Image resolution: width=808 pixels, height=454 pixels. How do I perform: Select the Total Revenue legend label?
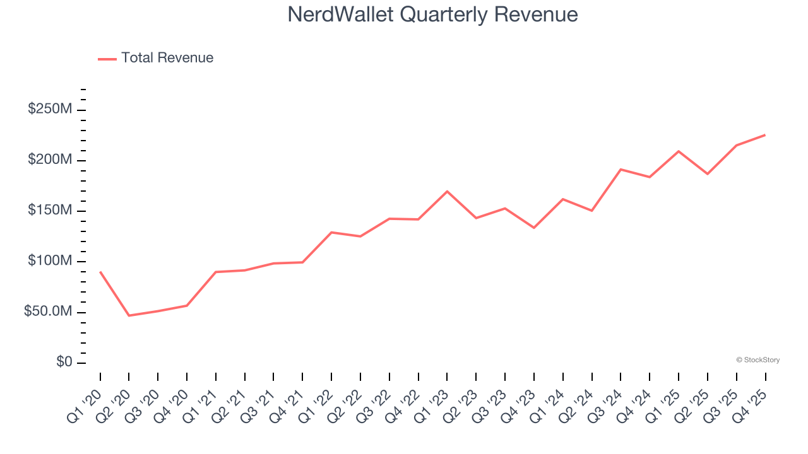[x=167, y=58]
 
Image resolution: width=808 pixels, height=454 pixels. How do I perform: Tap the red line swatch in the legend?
[x=107, y=59]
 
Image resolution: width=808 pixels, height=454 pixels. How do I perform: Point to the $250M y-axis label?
[x=50, y=109]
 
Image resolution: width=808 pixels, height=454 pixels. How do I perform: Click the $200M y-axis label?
[x=50, y=160]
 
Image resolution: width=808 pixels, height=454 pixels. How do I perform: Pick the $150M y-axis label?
[x=50, y=211]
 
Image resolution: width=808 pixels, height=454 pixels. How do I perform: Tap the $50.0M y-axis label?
[x=47, y=312]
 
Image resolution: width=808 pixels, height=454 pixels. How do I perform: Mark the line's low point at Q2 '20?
[x=129, y=315]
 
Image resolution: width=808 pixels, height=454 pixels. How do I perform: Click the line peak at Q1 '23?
[x=447, y=191]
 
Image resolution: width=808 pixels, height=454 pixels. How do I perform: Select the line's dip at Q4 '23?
[x=534, y=228]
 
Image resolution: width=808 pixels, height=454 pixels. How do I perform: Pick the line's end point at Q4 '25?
[x=765, y=135]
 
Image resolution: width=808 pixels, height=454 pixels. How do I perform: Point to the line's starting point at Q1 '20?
[x=100, y=272]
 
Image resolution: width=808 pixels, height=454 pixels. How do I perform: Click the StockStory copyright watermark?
[x=758, y=360]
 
